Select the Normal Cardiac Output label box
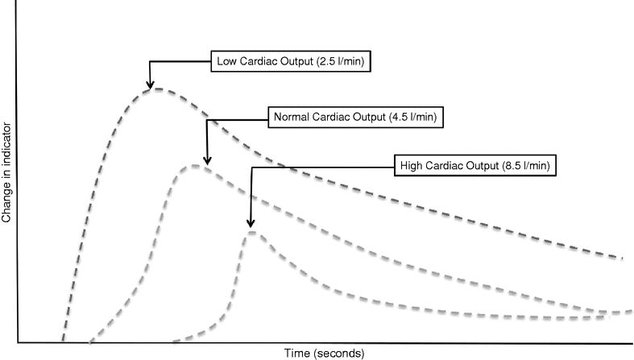[x=354, y=117]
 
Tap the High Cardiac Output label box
[x=474, y=167]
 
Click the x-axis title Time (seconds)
[x=324, y=353]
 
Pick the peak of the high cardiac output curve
[x=252, y=231]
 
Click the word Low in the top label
[x=225, y=60]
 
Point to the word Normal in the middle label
[x=292, y=117]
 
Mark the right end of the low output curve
[x=622, y=258]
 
